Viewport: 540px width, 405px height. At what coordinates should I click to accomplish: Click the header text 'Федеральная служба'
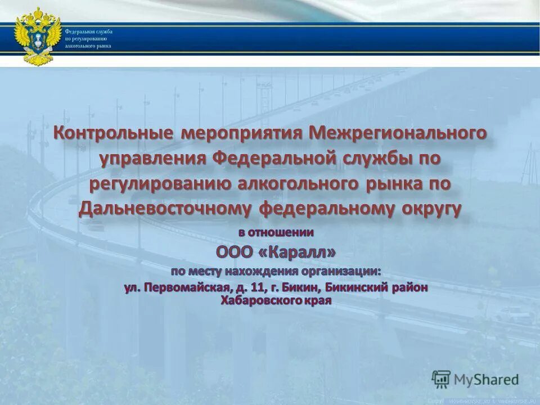(x=88, y=31)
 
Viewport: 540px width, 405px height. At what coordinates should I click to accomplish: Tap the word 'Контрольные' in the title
(x=112, y=133)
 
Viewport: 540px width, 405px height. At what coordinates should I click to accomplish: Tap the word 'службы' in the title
(x=376, y=159)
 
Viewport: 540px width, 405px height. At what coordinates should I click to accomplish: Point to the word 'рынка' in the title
(x=405, y=183)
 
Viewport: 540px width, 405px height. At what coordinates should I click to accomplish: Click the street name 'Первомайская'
(x=186, y=287)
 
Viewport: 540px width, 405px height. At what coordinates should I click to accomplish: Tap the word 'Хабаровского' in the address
(x=254, y=300)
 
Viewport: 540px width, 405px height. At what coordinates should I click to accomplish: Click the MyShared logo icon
(x=441, y=379)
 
